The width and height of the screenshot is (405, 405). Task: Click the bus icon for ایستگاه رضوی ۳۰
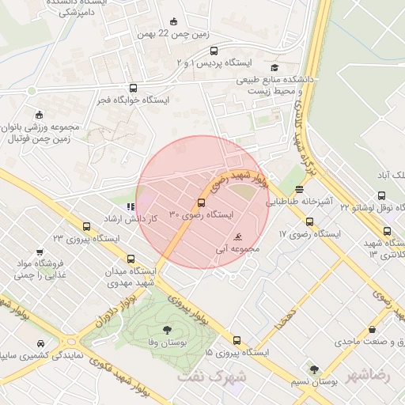(x=200, y=204)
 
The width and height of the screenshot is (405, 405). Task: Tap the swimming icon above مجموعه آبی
(x=239, y=237)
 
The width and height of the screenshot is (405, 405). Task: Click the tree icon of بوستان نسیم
(x=315, y=369)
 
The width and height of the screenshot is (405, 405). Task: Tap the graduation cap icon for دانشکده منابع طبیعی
(x=274, y=67)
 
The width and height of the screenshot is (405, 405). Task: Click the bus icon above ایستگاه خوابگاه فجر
(x=132, y=89)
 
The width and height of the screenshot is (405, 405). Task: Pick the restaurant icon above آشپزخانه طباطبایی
(x=299, y=190)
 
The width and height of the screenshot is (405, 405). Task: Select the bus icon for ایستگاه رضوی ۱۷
(x=308, y=222)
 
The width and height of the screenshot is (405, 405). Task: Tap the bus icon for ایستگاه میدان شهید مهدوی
(x=131, y=259)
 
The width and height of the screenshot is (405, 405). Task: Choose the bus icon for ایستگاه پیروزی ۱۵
(x=237, y=339)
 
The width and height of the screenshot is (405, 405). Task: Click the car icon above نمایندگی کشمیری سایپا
(x=40, y=344)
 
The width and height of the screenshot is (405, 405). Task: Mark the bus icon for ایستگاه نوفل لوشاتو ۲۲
(x=387, y=232)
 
